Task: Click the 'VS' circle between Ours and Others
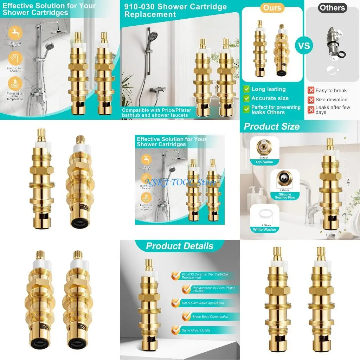point(304,45)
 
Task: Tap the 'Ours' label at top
point(272,8)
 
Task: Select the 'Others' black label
point(332,8)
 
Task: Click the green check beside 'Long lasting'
point(246,89)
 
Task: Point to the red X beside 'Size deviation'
point(311,100)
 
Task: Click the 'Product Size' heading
point(272,127)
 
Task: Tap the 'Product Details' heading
point(180,246)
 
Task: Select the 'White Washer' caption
point(265,230)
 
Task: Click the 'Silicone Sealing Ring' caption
point(285,196)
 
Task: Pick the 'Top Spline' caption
point(264,162)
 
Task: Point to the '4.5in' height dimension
point(348,182)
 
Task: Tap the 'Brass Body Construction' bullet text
point(210,317)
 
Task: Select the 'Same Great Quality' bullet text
point(196,330)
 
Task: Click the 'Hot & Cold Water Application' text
point(202,303)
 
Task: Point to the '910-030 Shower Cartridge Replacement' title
point(175,11)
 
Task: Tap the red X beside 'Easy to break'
point(311,90)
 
